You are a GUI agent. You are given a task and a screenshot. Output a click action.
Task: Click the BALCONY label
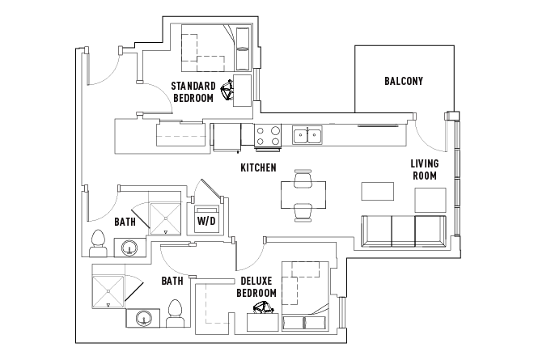[404, 81]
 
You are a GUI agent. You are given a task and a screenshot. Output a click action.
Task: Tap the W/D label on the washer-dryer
[206, 221]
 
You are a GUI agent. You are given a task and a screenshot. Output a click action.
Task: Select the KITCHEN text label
[258, 167]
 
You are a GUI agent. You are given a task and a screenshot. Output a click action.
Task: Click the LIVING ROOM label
[424, 170]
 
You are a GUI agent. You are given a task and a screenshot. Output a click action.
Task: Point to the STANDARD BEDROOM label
[193, 92]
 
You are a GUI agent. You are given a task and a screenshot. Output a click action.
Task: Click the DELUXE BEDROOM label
[256, 286]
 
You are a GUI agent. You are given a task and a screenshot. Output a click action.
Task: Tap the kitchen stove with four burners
[268, 136]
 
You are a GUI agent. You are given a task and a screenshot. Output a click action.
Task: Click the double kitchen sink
[307, 135]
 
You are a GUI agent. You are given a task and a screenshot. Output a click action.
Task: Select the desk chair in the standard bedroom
[227, 91]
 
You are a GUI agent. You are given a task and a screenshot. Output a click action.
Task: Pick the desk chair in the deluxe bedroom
[263, 307]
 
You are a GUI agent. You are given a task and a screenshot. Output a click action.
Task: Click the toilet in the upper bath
[98, 244]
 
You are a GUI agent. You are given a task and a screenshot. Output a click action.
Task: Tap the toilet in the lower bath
[176, 314]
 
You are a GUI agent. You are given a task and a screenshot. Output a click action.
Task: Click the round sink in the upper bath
[129, 248]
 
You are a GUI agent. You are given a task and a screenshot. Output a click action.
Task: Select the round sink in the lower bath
[143, 319]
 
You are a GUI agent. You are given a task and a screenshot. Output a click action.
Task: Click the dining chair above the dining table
[303, 179]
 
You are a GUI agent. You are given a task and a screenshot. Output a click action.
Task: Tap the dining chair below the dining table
[303, 213]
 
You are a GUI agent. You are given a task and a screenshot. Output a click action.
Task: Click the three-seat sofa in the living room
[404, 231]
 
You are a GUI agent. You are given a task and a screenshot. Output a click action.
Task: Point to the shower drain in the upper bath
[166, 218]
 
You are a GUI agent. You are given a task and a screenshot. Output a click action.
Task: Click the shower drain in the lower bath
[108, 291]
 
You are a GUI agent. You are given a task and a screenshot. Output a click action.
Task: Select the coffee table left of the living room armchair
[377, 191]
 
